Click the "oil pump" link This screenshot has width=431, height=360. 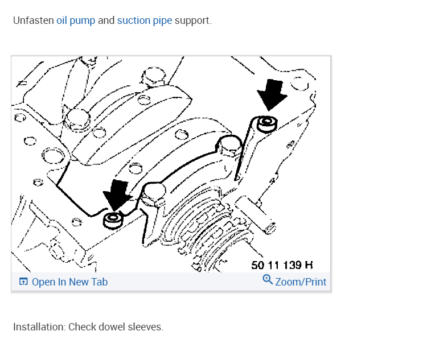(76, 20)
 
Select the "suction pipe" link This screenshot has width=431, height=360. (144, 20)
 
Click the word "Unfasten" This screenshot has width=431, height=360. (33, 20)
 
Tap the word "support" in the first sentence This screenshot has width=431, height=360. (192, 20)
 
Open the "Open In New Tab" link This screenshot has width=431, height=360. (69, 282)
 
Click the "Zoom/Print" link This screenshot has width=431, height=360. (301, 282)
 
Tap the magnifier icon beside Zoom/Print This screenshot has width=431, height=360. (268, 280)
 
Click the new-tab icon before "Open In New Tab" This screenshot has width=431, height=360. (23, 282)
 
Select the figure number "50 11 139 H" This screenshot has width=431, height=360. (282, 265)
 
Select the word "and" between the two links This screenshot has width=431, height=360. (106, 20)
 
